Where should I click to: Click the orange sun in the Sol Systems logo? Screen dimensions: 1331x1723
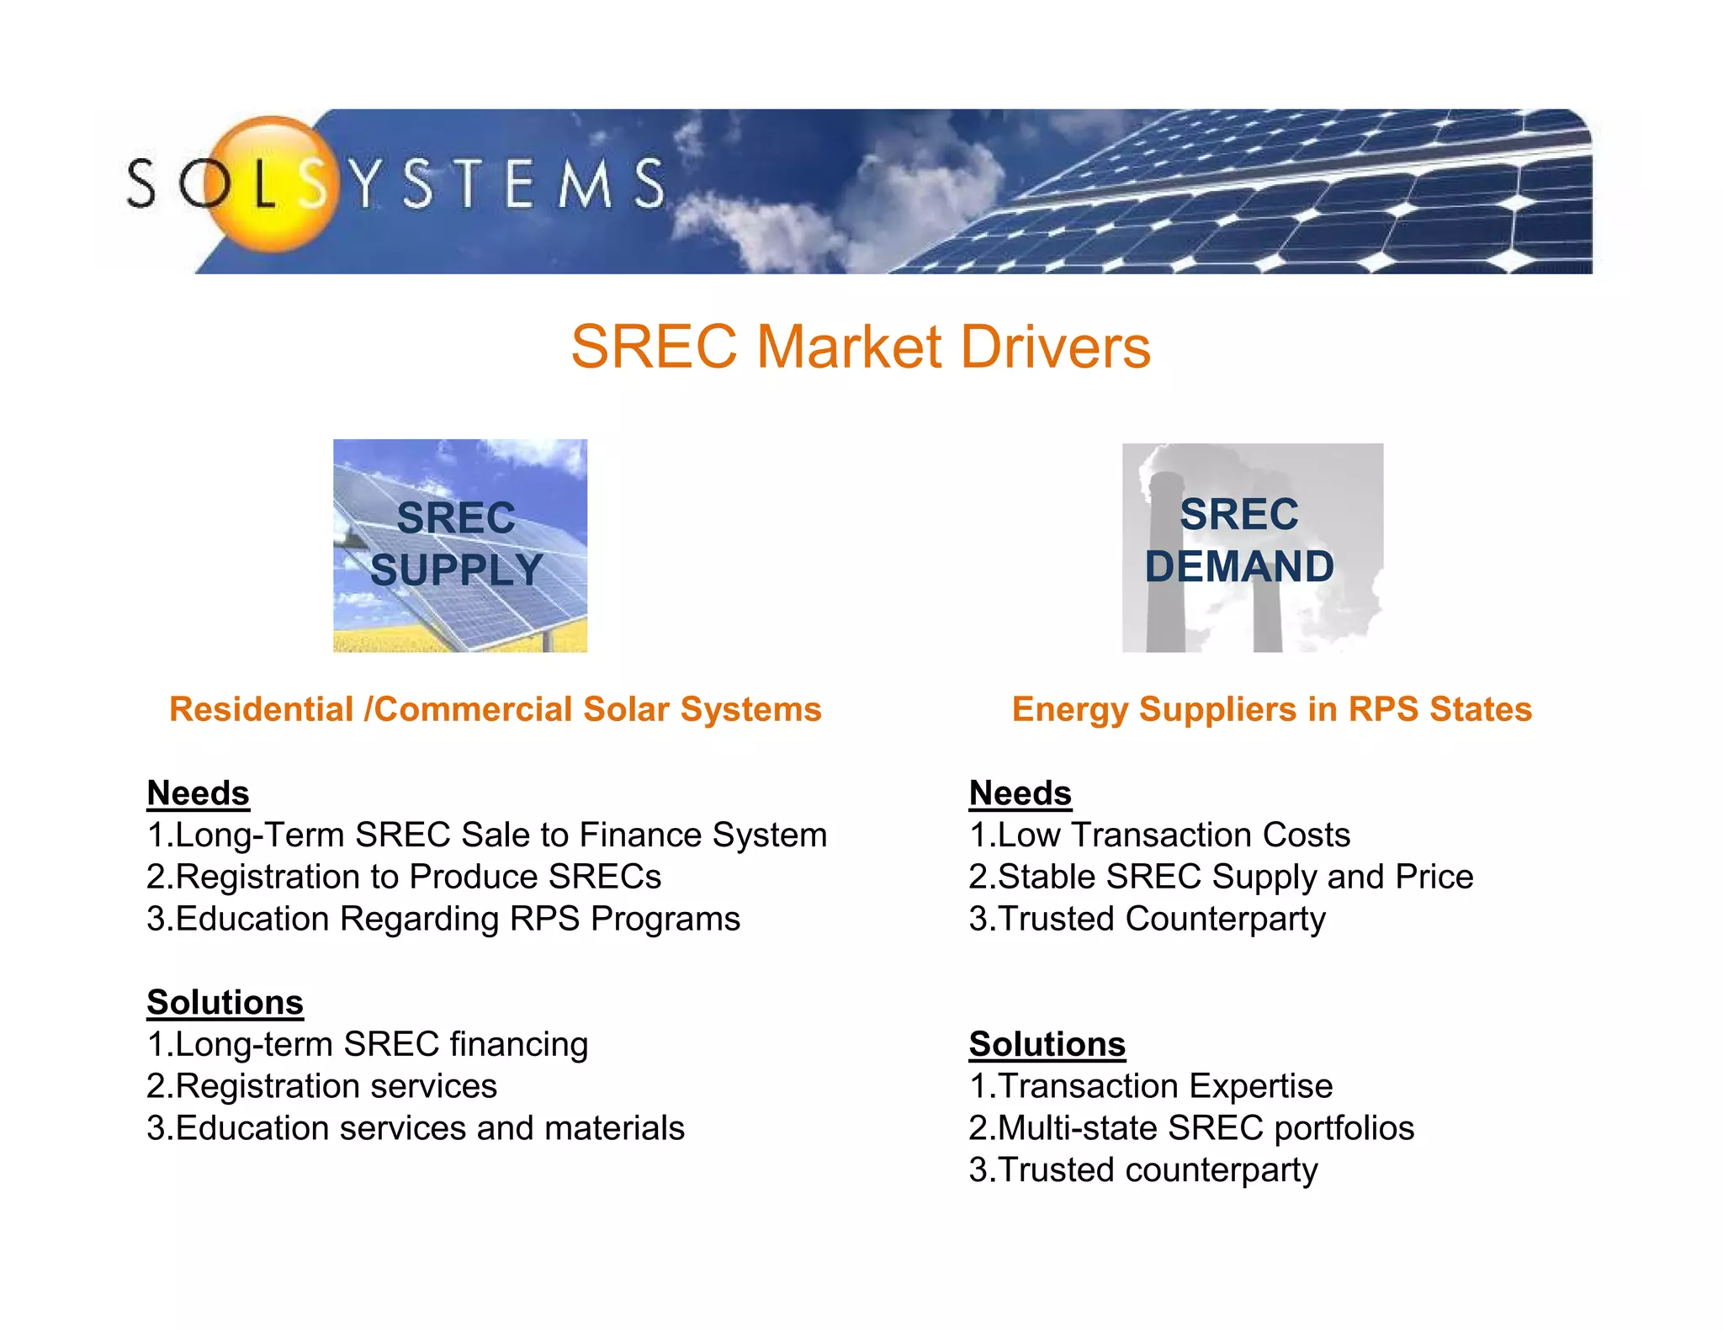pyautogui.click(x=271, y=183)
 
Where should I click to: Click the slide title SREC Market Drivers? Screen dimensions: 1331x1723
pyautogui.click(x=861, y=347)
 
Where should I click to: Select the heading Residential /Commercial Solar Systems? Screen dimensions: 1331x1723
pyautogui.click(x=495, y=709)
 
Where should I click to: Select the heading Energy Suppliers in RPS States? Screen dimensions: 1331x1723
pyautogui.click(x=1271, y=709)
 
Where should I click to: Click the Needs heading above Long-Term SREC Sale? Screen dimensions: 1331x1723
pyautogui.click(x=198, y=793)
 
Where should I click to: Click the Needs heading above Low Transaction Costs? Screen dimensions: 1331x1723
pyautogui.click(x=1020, y=793)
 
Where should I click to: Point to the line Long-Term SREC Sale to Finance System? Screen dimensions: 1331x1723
pyautogui.click(x=486, y=835)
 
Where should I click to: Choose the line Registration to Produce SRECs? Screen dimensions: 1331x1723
pyautogui.click(x=404, y=877)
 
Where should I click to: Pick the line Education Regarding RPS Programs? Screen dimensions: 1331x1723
pyautogui.click(x=443, y=919)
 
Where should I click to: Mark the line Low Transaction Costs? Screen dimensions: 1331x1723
pyautogui.click(x=1159, y=835)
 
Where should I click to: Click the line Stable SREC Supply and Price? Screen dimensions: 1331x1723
pyautogui.click(x=1221, y=877)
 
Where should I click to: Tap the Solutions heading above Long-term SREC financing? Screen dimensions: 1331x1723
pyautogui.click(x=225, y=1002)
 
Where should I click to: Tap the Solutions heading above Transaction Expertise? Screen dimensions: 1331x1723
pyautogui.click(x=1047, y=1044)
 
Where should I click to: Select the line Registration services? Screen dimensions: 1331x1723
pyautogui.click(x=321, y=1086)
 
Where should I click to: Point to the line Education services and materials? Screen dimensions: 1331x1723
pyautogui.click(x=416, y=1128)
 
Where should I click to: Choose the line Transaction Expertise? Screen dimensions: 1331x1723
pyautogui.click(x=1150, y=1086)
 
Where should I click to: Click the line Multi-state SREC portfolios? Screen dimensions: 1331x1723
pyautogui.click(x=1191, y=1128)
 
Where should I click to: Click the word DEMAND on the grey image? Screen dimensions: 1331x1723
pyautogui.click(x=1238, y=566)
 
